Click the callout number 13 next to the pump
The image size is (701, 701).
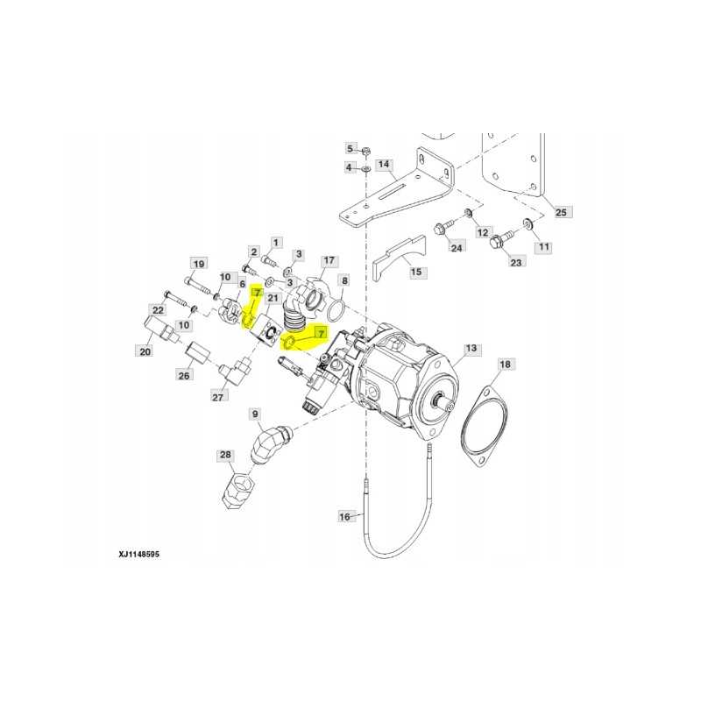471,349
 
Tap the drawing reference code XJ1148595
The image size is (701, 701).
139,555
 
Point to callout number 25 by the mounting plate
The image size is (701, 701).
562,212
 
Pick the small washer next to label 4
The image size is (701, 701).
365,167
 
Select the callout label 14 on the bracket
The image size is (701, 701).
383,164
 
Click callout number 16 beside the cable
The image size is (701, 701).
345,517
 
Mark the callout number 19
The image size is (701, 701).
198,264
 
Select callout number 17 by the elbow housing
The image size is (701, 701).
329,261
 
